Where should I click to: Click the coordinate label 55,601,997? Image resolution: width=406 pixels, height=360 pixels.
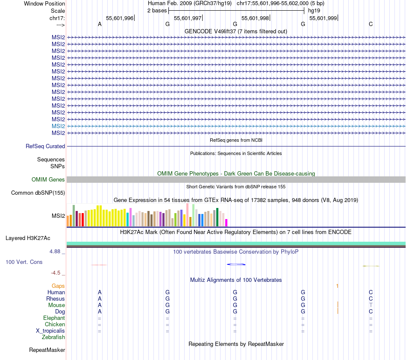tap(188, 18)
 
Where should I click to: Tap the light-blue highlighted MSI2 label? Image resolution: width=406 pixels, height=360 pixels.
tap(58, 126)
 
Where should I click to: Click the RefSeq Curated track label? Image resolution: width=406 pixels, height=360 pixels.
tap(45, 146)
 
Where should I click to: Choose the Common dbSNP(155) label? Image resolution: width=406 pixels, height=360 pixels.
tap(38, 193)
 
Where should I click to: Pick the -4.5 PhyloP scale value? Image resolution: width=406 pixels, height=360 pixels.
tap(56, 272)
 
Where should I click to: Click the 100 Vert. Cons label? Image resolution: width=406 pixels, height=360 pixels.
tap(24, 262)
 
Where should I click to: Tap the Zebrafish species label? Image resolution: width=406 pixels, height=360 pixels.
tap(53, 337)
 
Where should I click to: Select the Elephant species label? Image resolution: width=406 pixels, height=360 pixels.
tap(54, 318)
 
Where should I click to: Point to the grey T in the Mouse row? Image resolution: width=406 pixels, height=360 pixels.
tap(371, 305)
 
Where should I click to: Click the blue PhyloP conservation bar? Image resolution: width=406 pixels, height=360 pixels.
tap(236, 264)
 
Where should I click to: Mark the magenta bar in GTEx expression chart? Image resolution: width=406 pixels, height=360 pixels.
tap(226, 222)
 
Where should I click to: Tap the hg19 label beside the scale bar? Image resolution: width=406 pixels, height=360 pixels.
tap(314, 10)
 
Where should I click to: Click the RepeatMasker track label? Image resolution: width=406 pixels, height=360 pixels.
tap(47, 350)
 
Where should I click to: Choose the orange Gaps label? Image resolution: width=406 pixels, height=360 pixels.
tap(58, 286)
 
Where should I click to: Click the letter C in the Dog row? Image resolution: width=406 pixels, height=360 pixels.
tap(371, 312)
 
